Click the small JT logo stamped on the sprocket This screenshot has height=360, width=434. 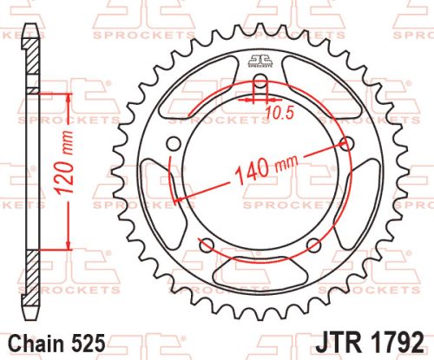[260, 60]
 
